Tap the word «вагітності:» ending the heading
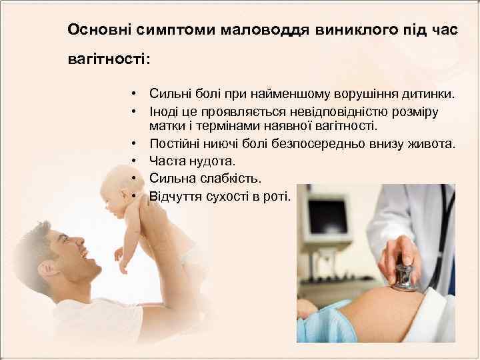point(109,59)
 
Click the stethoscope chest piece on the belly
point(404,277)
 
